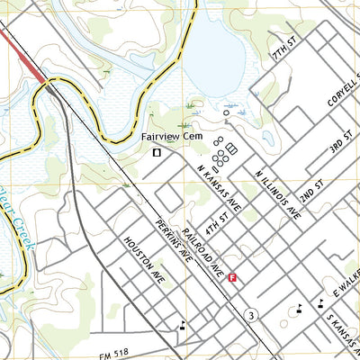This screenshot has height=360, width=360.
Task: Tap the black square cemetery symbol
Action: tap(157, 153)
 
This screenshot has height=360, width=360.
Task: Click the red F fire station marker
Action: tap(233, 278)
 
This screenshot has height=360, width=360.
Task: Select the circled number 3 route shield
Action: tap(251, 312)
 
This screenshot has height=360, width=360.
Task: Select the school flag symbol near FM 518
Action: tap(184, 325)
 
